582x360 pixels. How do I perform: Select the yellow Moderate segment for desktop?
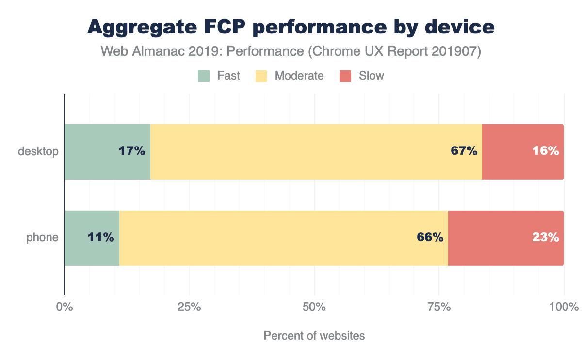[315, 152]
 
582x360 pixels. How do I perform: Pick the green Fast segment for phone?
[78, 238]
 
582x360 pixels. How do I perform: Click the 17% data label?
[132, 151]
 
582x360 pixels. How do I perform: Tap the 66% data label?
[430, 238]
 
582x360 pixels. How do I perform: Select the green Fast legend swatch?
[204, 76]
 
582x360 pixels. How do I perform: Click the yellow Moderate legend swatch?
[261, 76]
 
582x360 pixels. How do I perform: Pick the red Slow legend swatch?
[345, 76]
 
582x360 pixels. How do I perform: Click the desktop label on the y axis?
[38, 151]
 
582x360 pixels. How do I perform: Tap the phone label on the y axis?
[42, 238]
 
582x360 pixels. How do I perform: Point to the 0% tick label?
[65, 307]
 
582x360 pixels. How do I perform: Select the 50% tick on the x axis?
[314, 307]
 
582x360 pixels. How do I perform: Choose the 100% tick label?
[564, 307]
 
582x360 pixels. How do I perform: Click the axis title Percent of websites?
[314, 336]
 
